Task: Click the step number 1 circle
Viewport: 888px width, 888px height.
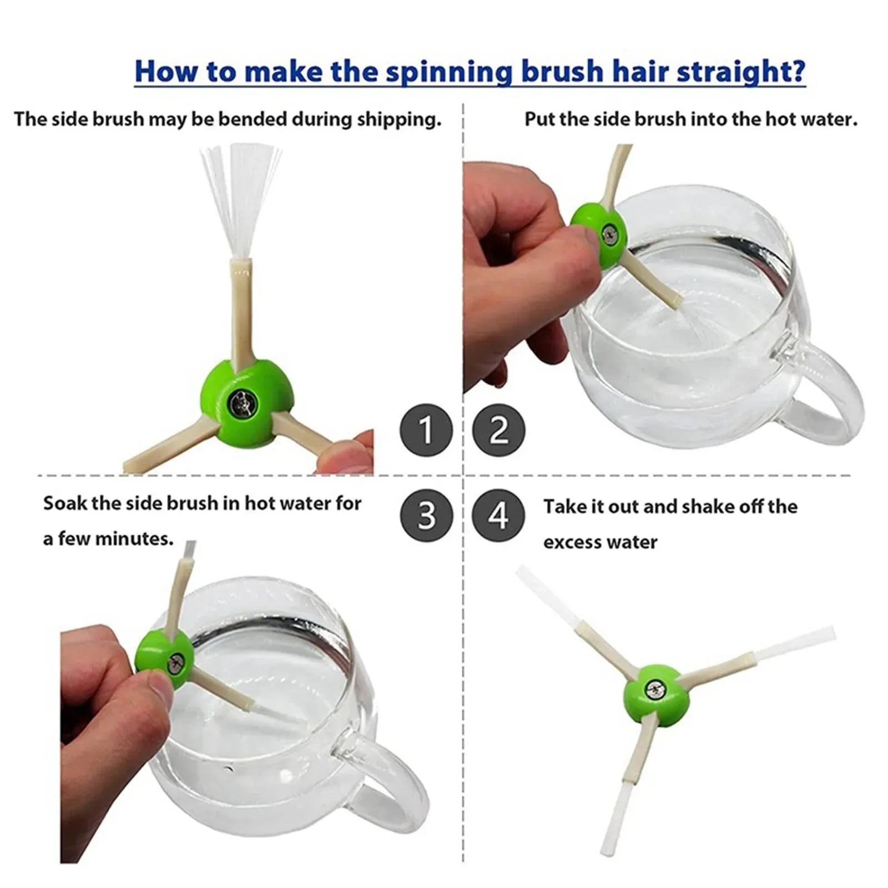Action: point(426,430)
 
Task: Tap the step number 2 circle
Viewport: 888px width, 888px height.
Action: point(498,430)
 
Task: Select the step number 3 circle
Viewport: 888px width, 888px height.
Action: point(426,515)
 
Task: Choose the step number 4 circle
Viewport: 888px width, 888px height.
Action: point(498,515)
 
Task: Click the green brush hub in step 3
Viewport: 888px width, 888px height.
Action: point(165,659)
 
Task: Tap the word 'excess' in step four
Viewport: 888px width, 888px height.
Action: point(571,542)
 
